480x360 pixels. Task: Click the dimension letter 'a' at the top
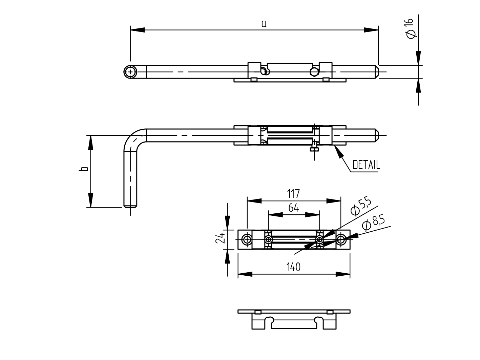[x=264, y=23]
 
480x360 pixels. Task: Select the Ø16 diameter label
[x=410, y=29]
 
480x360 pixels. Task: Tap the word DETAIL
[x=366, y=165]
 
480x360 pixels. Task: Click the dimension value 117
[x=293, y=194]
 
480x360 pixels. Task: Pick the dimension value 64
[x=293, y=208]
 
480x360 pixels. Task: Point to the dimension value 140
[x=293, y=267]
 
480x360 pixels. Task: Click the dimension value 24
[x=220, y=238]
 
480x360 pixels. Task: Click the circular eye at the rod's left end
[x=130, y=72]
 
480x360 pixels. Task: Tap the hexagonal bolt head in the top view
[x=314, y=72]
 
